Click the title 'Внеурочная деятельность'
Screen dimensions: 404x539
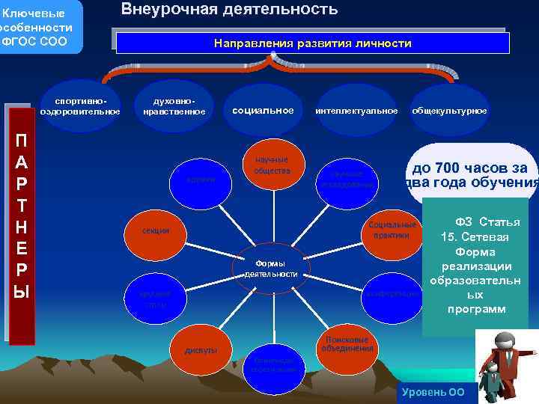pyautogui.click(x=229, y=10)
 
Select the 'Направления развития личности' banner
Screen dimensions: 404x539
pyautogui.click(x=312, y=43)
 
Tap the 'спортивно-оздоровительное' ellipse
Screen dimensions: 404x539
pyautogui.click(x=80, y=106)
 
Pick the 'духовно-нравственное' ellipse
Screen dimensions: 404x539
pyautogui.click(x=173, y=106)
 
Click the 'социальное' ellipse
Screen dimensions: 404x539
pyautogui.click(x=263, y=110)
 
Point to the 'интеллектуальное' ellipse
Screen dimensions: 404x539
pyautogui.click(x=356, y=111)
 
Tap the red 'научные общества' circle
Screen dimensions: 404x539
pyautogui.click(x=271, y=165)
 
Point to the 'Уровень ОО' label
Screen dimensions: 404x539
pyautogui.click(x=433, y=392)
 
